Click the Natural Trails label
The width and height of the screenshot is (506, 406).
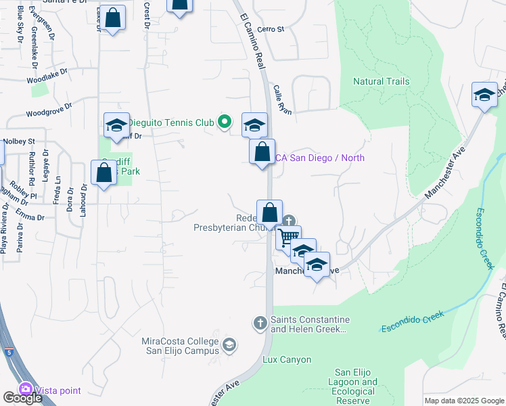click(381, 81)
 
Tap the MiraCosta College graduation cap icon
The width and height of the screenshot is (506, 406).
click(229, 345)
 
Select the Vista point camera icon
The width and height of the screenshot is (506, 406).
click(26, 390)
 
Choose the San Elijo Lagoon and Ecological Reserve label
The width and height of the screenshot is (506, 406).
click(356, 387)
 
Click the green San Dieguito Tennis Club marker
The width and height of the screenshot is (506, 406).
click(226, 122)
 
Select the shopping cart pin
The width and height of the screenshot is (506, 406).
click(288, 237)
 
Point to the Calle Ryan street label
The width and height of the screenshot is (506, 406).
click(282, 99)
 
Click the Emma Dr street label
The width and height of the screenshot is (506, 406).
click(31, 218)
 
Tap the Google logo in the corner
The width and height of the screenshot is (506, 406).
click(22, 398)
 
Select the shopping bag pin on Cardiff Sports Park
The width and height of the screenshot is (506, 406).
click(104, 173)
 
